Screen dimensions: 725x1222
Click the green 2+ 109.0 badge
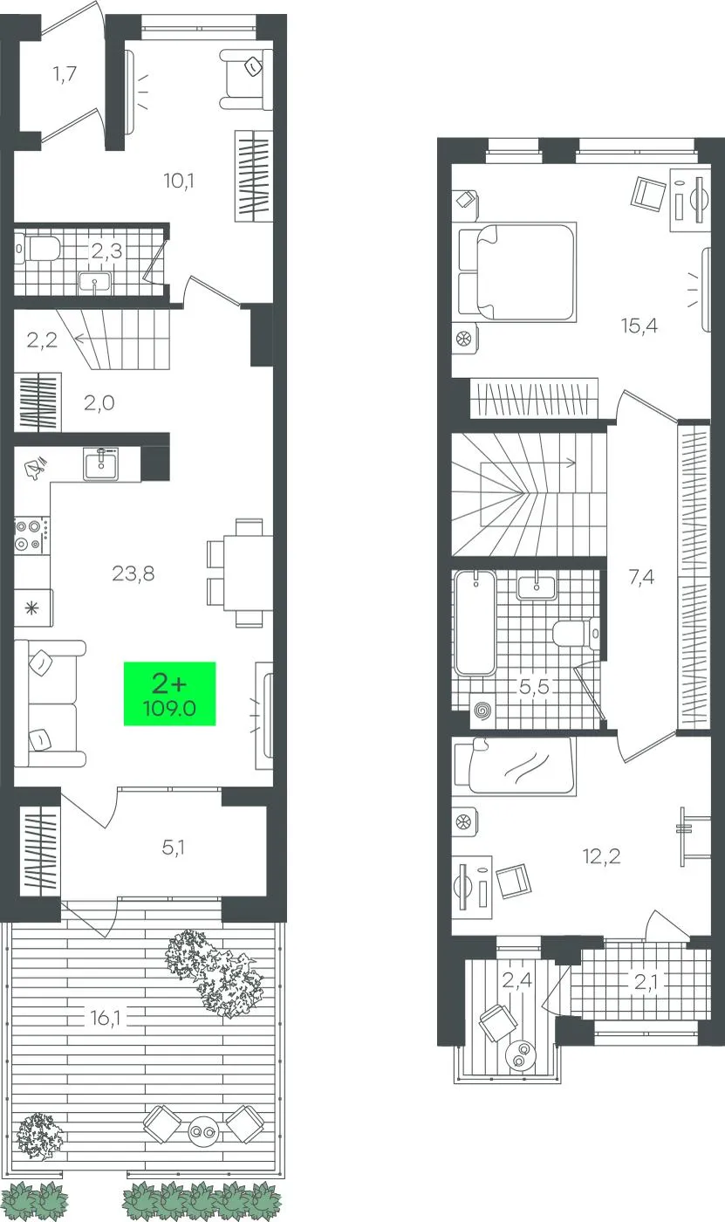pos(169,693)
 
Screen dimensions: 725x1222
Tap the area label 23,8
pos(133,573)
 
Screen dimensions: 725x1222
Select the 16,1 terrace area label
pos(106,1018)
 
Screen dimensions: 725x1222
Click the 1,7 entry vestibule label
pos(65,73)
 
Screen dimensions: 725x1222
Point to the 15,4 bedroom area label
pos(639,326)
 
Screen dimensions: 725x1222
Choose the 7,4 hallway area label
pos(641,577)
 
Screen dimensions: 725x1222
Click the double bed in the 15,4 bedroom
pos(517,271)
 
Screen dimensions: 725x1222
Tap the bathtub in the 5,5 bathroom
pos(475,622)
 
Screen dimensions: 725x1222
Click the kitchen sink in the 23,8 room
pos(101,464)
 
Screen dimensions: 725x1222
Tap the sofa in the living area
pos(50,704)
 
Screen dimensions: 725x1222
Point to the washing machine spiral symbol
pos(482,711)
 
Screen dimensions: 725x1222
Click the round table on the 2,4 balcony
pos(520,1054)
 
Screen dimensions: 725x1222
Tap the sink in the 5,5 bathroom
pos(537,586)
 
